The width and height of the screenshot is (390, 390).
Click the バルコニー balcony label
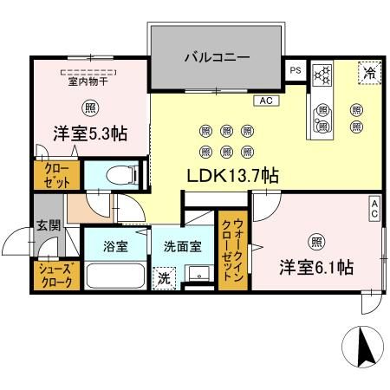click(x=217, y=58)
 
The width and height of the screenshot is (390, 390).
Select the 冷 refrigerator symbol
click(x=368, y=73)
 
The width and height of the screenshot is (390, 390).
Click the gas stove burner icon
click(x=322, y=75)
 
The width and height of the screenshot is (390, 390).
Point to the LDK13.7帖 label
click(x=233, y=174)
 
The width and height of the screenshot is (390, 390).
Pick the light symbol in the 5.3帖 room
click(x=91, y=108)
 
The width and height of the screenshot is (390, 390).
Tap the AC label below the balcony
click(x=266, y=101)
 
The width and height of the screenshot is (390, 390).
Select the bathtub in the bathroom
click(x=115, y=278)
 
